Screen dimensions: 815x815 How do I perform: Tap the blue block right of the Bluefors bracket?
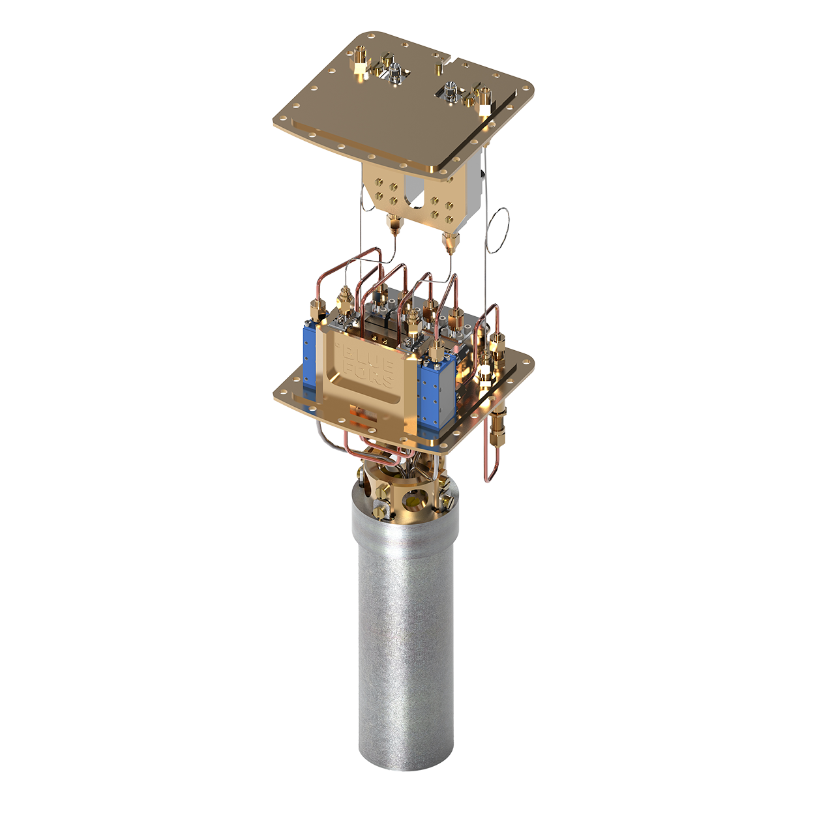click(430, 391)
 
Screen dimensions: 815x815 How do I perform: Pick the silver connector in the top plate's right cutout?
click(450, 91)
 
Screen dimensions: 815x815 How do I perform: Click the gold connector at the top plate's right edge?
click(483, 98)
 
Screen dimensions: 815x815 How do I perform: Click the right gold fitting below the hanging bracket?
click(449, 243)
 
